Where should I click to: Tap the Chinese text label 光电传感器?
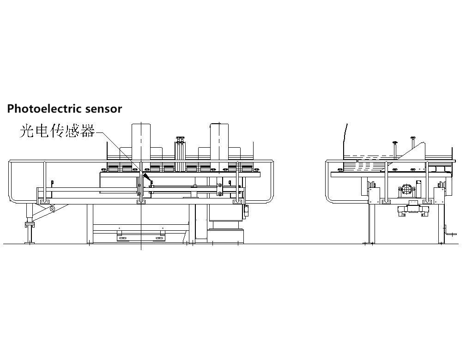tap(57, 131)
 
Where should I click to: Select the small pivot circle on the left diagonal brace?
tap(53, 209)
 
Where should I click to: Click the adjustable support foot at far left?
tap(30, 225)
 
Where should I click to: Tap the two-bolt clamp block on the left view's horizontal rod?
tap(220, 188)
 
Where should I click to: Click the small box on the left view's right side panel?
tap(246, 210)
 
